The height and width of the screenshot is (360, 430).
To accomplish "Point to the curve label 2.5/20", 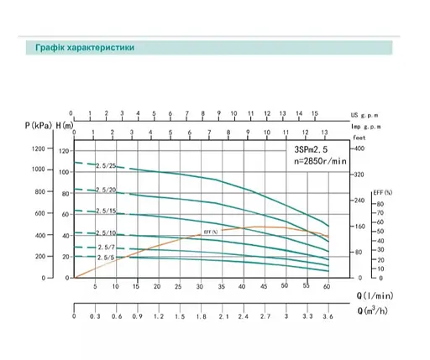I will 106,190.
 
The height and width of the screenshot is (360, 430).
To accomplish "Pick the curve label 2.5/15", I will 106,211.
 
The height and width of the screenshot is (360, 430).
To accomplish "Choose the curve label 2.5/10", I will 106,232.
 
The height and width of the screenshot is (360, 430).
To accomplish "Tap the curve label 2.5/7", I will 104,248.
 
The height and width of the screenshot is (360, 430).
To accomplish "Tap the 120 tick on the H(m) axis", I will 65,151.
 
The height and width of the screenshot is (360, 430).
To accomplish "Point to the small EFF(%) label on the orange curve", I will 210,232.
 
